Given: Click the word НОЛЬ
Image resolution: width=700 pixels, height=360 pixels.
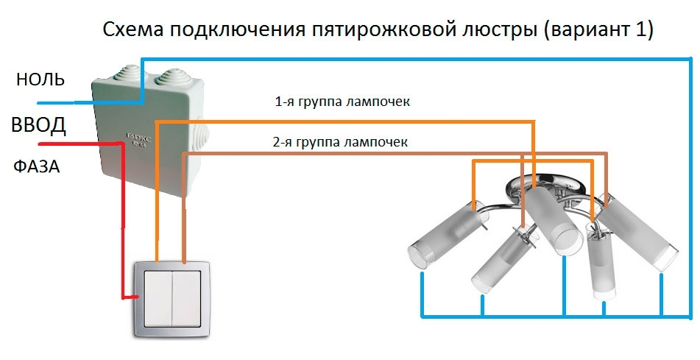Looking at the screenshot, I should (x=40, y=80).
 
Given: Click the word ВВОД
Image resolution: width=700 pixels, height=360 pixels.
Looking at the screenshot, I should (x=39, y=125).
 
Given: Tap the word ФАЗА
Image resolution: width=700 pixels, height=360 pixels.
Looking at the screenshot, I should (x=36, y=167).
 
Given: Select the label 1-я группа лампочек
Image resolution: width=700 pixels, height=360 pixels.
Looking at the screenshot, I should (x=342, y=102).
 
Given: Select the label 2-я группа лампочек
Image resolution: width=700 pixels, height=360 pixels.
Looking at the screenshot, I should (x=339, y=141).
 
